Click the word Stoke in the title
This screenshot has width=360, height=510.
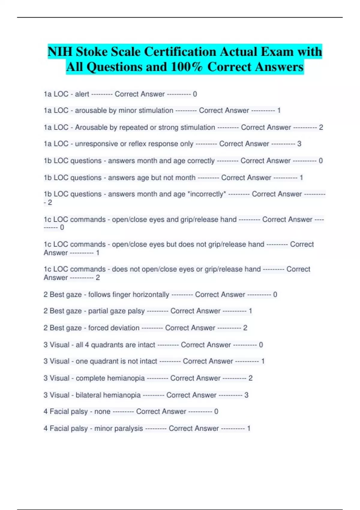pos(92,52)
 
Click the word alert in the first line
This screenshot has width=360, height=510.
pos(82,94)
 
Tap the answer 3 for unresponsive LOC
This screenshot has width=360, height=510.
pos(299,144)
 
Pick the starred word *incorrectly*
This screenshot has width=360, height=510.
pos(206,194)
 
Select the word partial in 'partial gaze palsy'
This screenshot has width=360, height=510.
pos(98,311)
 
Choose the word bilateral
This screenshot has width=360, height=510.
pos(88,395)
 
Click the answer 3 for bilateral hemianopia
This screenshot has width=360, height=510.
pos(246,395)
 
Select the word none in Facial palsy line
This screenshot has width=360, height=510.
pos(102,412)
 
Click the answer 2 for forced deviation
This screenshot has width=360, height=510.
pos(245,328)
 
